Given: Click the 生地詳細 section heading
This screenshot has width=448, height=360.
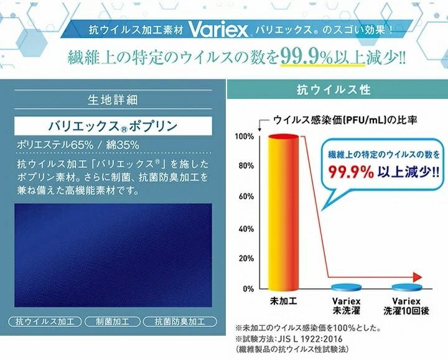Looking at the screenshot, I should click(113, 99).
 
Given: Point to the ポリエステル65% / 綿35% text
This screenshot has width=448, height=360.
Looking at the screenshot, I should click(78, 145).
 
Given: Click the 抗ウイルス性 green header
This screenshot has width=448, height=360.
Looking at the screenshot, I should click(336, 90).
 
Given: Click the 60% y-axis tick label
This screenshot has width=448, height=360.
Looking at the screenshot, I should click(245, 197).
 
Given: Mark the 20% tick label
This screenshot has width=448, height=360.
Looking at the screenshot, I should click(245, 258).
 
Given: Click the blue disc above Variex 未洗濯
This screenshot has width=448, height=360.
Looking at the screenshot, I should click(347, 287).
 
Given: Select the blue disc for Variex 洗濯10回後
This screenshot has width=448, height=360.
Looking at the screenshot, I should click(408, 287).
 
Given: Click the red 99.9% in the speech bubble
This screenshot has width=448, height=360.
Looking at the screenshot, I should click(354, 170).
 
